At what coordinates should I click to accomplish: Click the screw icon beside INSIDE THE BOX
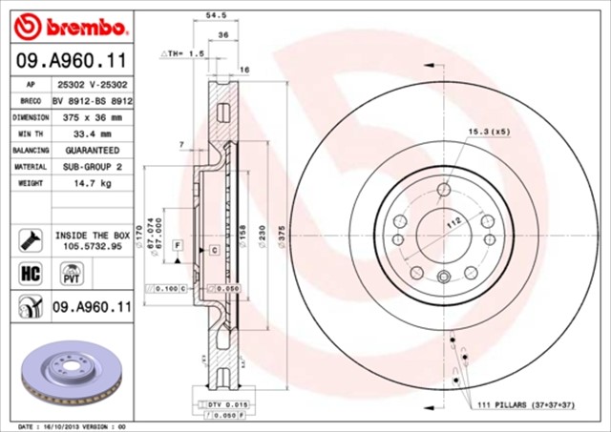(x=28, y=237)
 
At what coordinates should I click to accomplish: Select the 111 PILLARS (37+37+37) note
(x=526, y=405)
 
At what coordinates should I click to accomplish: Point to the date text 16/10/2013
(x=64, y=426)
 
